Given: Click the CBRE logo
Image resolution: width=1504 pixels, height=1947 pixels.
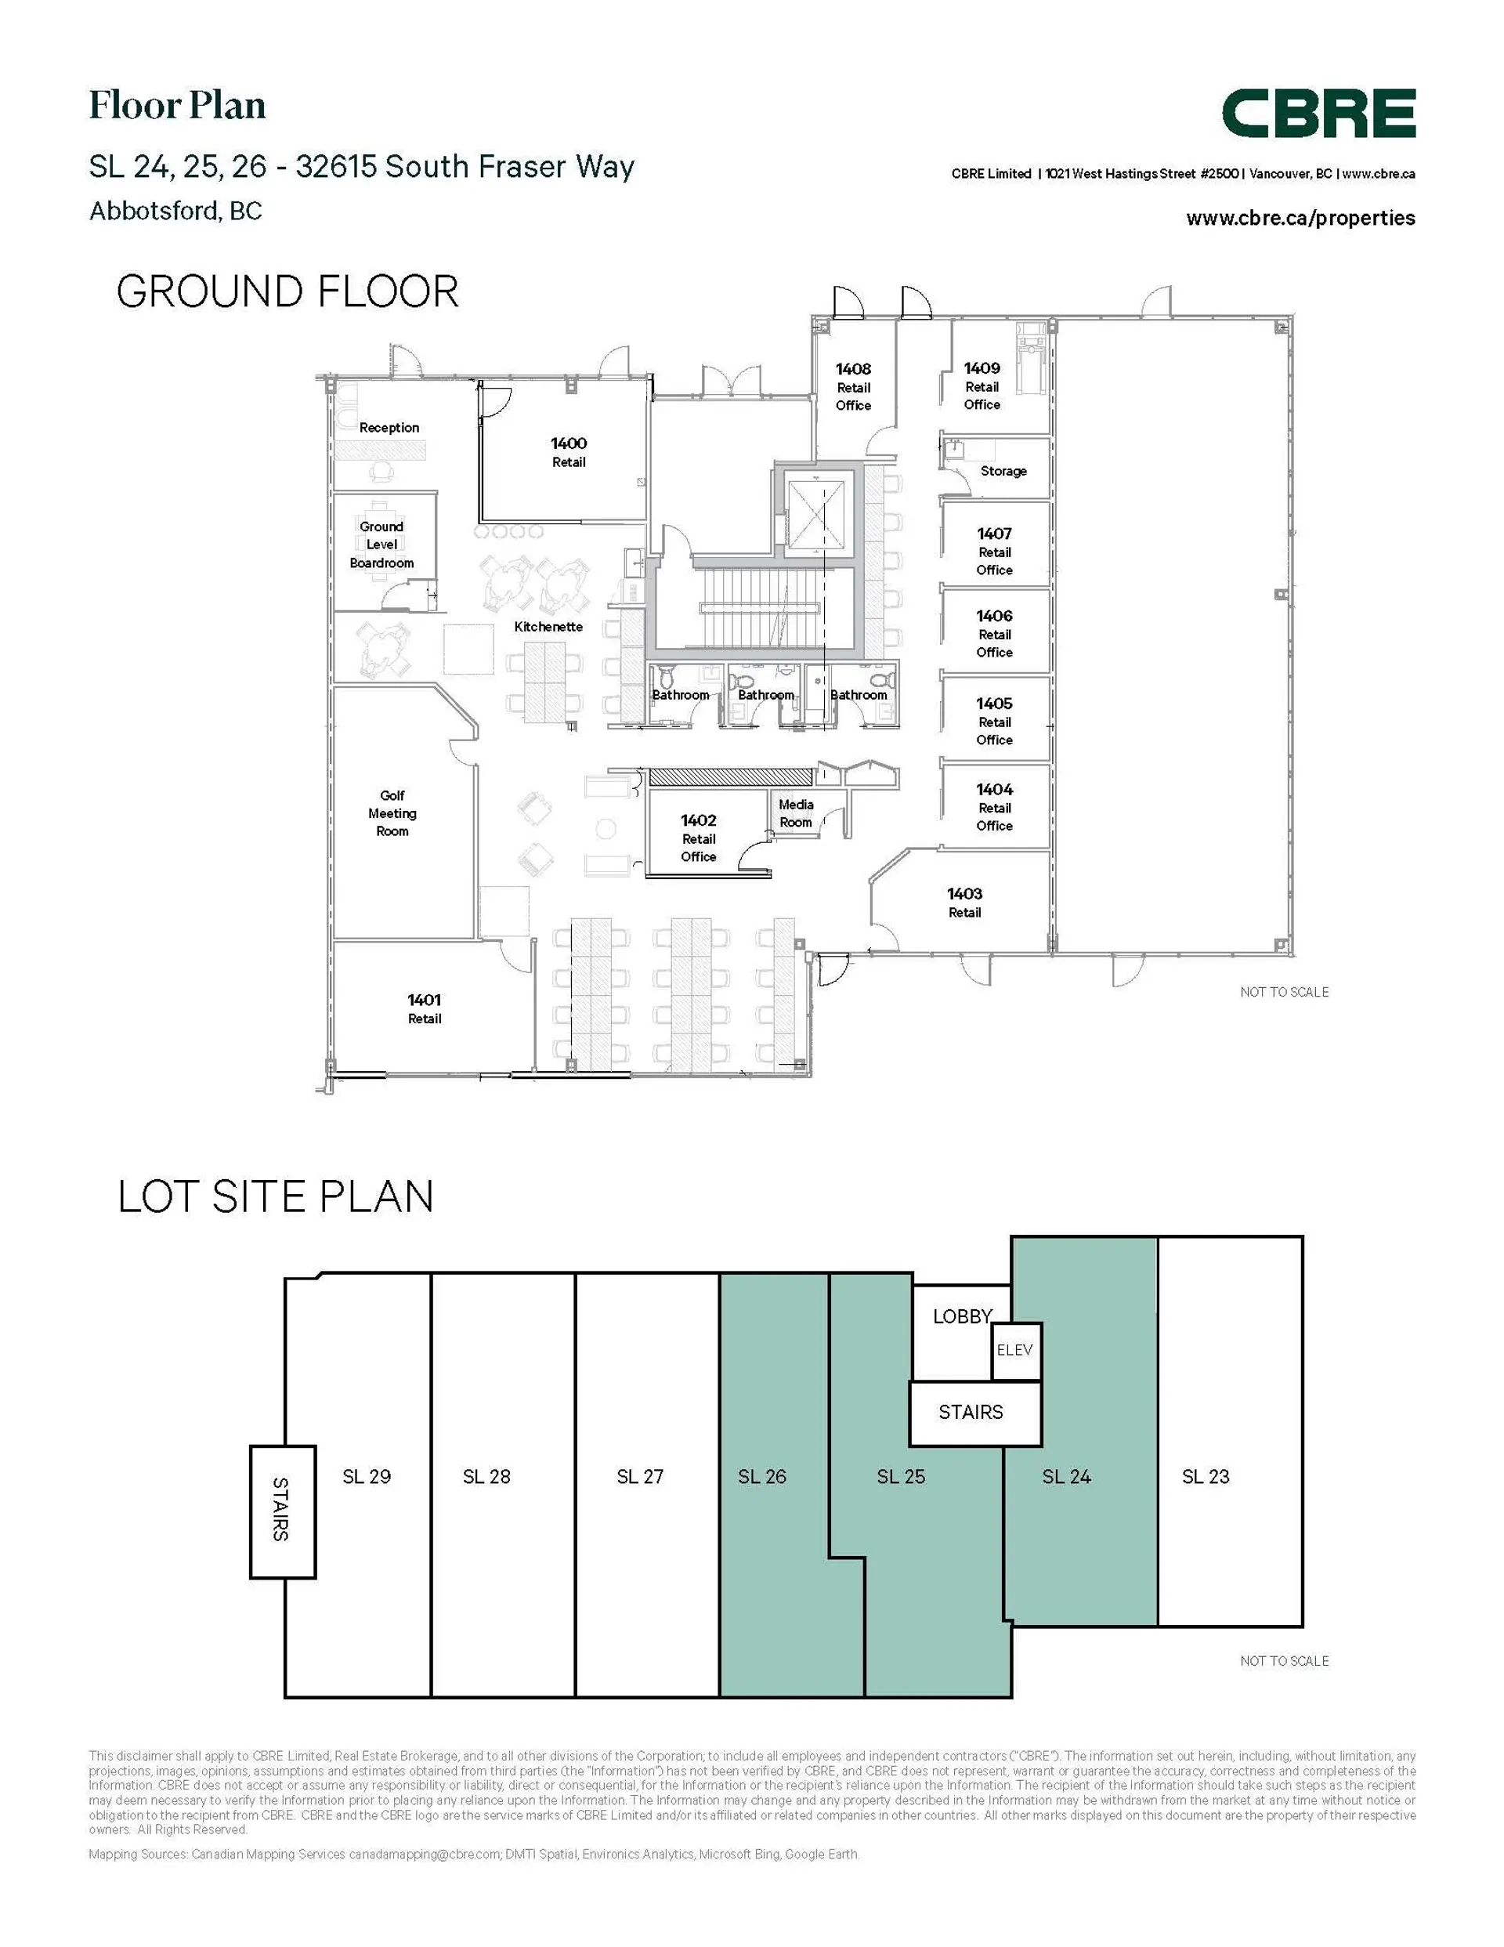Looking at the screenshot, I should tap(1318, 114).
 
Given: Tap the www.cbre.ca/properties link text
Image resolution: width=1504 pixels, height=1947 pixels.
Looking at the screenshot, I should tap(1300, 219).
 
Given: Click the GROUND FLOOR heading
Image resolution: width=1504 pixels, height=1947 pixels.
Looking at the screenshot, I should tap(287, 291).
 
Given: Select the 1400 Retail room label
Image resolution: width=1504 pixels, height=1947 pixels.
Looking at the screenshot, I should tap(568, 452).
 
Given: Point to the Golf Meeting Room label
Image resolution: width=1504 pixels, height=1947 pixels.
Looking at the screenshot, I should tap(392, 813).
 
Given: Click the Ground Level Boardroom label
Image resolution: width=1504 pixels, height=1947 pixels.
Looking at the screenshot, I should tap(381, 545).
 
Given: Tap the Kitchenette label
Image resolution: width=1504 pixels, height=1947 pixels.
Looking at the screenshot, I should tap(548, 627).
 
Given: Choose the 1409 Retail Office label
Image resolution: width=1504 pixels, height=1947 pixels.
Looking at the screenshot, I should tap(982, 386).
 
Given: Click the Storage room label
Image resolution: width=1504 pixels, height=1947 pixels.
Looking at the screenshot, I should tap(1003, 471).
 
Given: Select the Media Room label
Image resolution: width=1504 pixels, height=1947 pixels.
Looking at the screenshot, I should tap(795, 813).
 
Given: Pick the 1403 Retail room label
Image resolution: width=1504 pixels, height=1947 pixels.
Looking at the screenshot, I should tap(963, 902).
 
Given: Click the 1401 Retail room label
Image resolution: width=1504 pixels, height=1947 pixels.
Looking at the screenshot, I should tap(425, 1008).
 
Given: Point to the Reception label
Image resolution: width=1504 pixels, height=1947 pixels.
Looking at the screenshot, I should tap(389, 428).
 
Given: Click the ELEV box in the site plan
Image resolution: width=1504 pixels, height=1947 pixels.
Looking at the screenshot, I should tap(1015, 1351).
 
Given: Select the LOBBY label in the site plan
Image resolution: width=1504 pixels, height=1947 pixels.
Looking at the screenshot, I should tap(962, 1317).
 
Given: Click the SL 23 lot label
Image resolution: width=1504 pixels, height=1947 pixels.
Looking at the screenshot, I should tap(1206, 1476).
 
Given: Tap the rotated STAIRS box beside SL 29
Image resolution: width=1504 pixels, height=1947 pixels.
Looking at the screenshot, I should tap(282, 1509).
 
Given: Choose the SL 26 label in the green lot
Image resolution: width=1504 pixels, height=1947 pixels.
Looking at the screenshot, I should tap(761, 1476).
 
